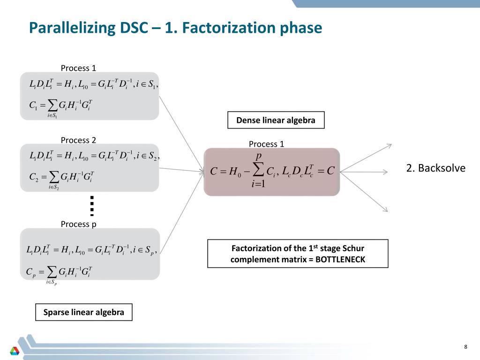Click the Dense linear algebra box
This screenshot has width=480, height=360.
coord(276,120)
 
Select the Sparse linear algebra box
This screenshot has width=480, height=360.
coord(84,312)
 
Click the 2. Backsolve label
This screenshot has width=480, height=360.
coord(435,168)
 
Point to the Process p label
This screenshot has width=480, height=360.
coord(79,224)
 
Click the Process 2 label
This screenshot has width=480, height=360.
coord(78,140)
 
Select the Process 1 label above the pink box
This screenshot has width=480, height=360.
coord(266,144)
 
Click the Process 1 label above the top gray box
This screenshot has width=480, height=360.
coord(78,68)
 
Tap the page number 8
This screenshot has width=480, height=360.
coord(465,347)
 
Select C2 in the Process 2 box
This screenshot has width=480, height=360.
coord(34,177)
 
